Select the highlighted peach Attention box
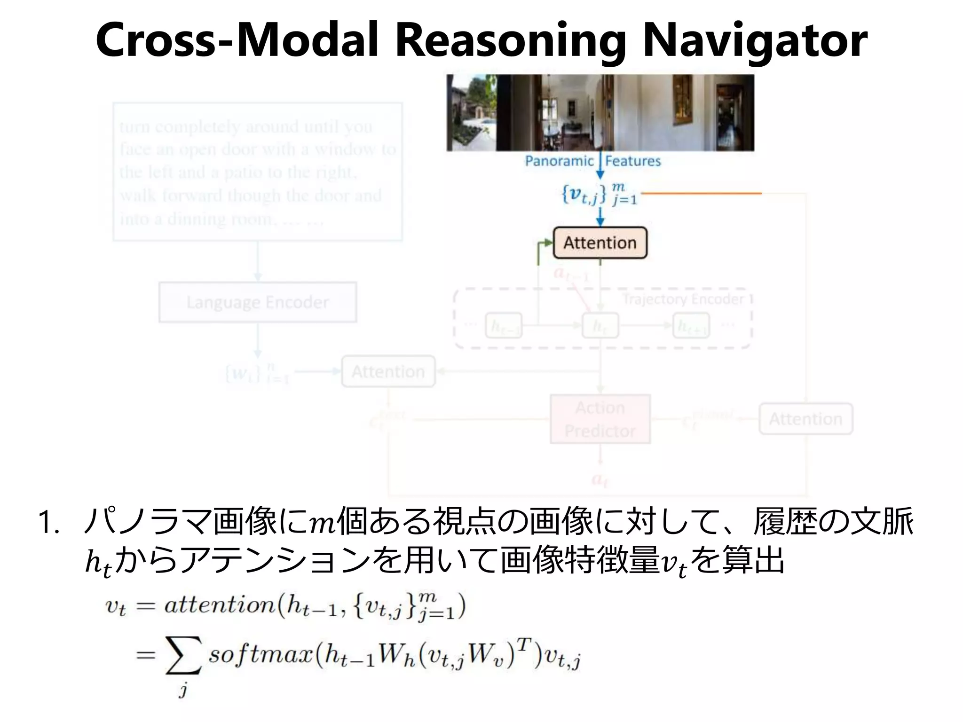pyautogui.click(x=600, y=243)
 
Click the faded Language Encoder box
pyautogui.click(x=258, y=302)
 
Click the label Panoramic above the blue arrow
pyautogui.click(x=559, y=161)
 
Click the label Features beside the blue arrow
pyautogui.click(x=633, y=161)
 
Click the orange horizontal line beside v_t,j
pyautogui.click(x=701, y=193)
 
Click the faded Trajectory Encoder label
pyautogui.click(x=683, y=299)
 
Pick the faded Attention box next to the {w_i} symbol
pyautogui.click(x=388, y=372)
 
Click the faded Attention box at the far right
pyautogui.click(x=805, y=419)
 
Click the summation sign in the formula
pyautogui.click(x=183, y=655)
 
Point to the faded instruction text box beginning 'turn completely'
pyautogui.click(x=258, y=172)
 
